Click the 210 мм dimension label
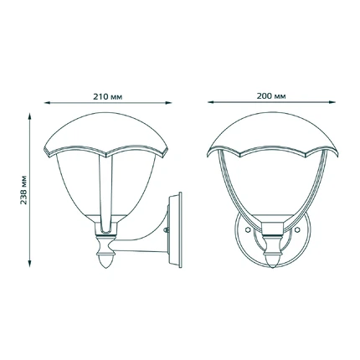[108, 97]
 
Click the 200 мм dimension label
[271, 96]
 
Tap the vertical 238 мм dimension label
[24, 190]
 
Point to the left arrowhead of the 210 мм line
[47, 103]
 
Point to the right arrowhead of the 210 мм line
[169, 103]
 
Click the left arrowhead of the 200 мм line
[211, 102]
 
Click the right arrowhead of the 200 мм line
[332, 102]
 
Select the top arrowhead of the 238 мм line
[29, 116]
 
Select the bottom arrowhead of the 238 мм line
[29, 264]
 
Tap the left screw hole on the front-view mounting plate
[247, 229]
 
